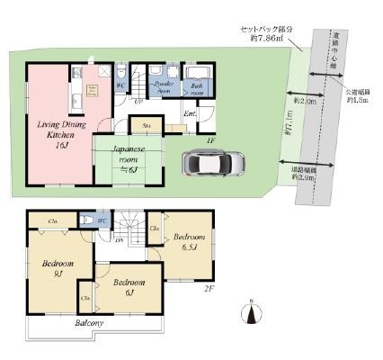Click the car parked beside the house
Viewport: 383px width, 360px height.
212,164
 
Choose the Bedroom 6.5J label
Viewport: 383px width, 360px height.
190,240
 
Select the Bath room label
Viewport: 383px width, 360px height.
196,88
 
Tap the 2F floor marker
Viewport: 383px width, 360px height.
208,290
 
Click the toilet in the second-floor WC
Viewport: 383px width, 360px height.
87,220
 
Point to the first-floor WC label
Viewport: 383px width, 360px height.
119,86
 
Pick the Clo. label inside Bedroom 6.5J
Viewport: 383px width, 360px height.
155,229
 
